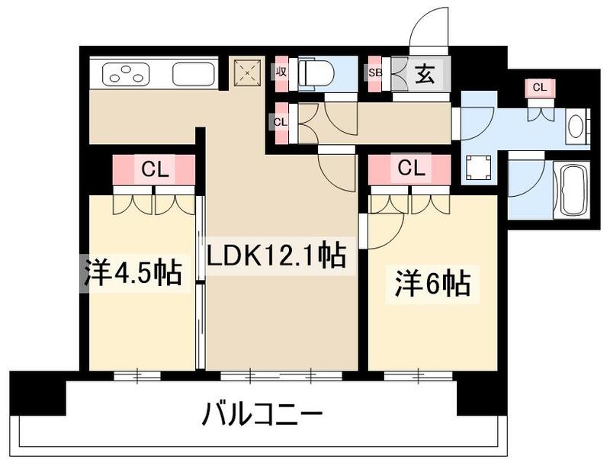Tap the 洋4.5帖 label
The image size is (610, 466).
click(133, 272)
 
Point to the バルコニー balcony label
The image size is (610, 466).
click(263, 416)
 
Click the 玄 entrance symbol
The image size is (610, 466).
click(425, 74)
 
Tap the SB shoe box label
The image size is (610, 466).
click(374, 74)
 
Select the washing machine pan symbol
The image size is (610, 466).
click(478, 167)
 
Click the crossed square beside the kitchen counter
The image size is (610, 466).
click(247, 73)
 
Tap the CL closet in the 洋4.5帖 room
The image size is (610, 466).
click(156, 169)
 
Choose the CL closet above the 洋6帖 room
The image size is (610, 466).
click(410, 169)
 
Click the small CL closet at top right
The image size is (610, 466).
click(539, 88)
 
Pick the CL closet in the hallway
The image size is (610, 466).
click(281, 121)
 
